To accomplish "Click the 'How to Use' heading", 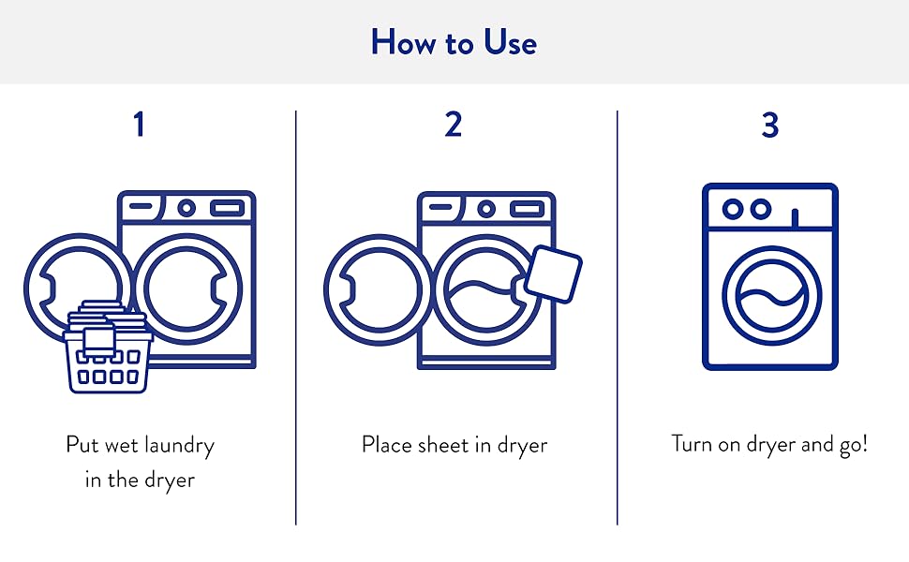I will (x=454, y=42).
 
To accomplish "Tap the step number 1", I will (x=139, y=124).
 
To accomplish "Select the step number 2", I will (x=454, y=124).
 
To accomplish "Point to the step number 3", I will (x=769, y=124).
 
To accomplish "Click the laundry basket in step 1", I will (x=107, y=357).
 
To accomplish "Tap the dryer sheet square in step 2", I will (x=554, y=273).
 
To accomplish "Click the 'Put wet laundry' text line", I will (x=140, y=444).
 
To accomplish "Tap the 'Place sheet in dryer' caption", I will (x=454, y=444).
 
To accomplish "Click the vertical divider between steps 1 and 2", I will (x=296, y=318).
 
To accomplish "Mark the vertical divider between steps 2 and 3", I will (x=617, y=318).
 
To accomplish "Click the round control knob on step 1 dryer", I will (x=186, y=208).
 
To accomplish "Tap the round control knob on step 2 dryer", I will (x=486, y=208).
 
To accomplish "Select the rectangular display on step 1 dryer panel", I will (x=228, y=208).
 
